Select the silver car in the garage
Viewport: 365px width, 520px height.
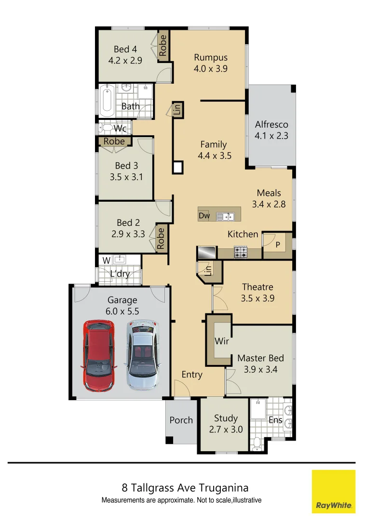tap(143, 356)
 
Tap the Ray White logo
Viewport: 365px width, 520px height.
tap(334, 491)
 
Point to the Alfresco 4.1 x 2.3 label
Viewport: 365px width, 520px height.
tap(271, 130)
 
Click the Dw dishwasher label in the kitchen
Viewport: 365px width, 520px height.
tap(204, 216)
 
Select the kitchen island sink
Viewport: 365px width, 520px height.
tap(228, 216)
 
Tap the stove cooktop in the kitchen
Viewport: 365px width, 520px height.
tap(241, 252)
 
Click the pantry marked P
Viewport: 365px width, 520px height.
tap(277, 244)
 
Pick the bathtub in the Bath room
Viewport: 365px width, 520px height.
tap(107, 101)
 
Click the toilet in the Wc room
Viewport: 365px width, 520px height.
tap(105, 128)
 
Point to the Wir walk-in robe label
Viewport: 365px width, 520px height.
tap(222, 341)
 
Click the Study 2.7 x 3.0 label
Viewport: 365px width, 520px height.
tap(226, 424)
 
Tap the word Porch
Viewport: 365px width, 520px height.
tap(181, 420)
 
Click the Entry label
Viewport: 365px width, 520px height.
tap(192, 375)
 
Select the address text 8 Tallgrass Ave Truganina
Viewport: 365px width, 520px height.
tap(185, 488)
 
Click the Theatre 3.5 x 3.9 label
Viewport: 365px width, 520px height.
tap(257, 292)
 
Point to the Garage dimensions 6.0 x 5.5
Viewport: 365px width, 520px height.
tap(122, 312)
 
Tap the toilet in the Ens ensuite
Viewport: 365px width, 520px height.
tap(257, 442)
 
